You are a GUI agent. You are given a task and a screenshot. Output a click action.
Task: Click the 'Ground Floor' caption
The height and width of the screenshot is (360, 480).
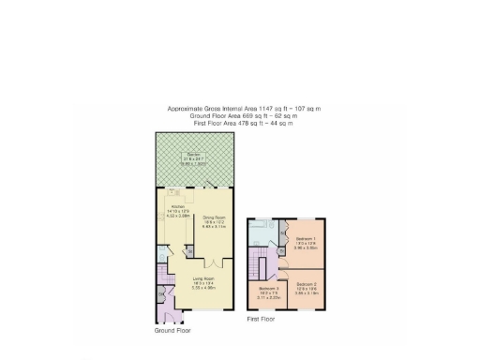pyautogui.click(x=172, y=331)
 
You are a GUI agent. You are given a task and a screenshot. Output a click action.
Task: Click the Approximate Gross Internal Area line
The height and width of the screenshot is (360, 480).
pyautogui.click(x=244, y=109)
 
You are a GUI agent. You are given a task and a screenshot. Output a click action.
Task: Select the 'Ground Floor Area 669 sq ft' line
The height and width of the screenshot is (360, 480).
pyautogui.click(x=244, y=116)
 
